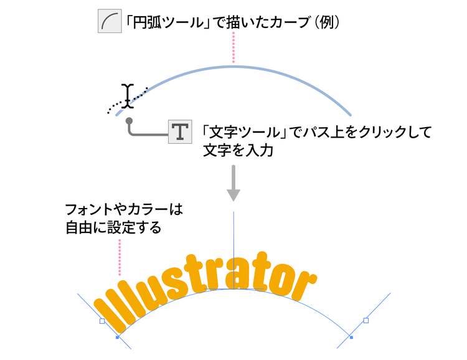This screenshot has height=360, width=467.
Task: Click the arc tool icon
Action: pyautogui.click(x=110, y=21)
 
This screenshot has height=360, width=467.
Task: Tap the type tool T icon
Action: pyautogui.click(x=180, y=131)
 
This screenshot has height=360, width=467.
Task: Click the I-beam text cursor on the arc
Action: pyautogui.click(x=128, y=96)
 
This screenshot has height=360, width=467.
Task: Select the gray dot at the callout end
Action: pyautogui.click(x=129, y=121)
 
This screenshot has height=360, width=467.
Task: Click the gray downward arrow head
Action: pyautogui.click(x=233, y=195)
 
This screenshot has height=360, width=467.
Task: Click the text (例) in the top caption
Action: pyautogui.click(x=327, y=22)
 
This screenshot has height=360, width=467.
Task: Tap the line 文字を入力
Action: pyautogui.click(x=238, y=151)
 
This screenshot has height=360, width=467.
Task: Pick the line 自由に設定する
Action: pyautogui.click(x=113, y=228)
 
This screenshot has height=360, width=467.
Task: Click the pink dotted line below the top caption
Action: pyautogui.click(x=233, y=48)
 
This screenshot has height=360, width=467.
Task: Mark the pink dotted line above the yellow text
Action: pyautogui.click(x=120, y=257)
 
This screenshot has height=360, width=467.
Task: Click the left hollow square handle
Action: pyautogui.click(x=102, y=321)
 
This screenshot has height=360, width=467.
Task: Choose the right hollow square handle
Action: pyautogui.click(x=366, y=320)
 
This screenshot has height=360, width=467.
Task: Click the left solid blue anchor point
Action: pyautogui.click(x=117, y=338)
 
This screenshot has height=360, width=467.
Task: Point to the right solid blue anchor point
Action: pyautogui.click(x=351, y=338)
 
